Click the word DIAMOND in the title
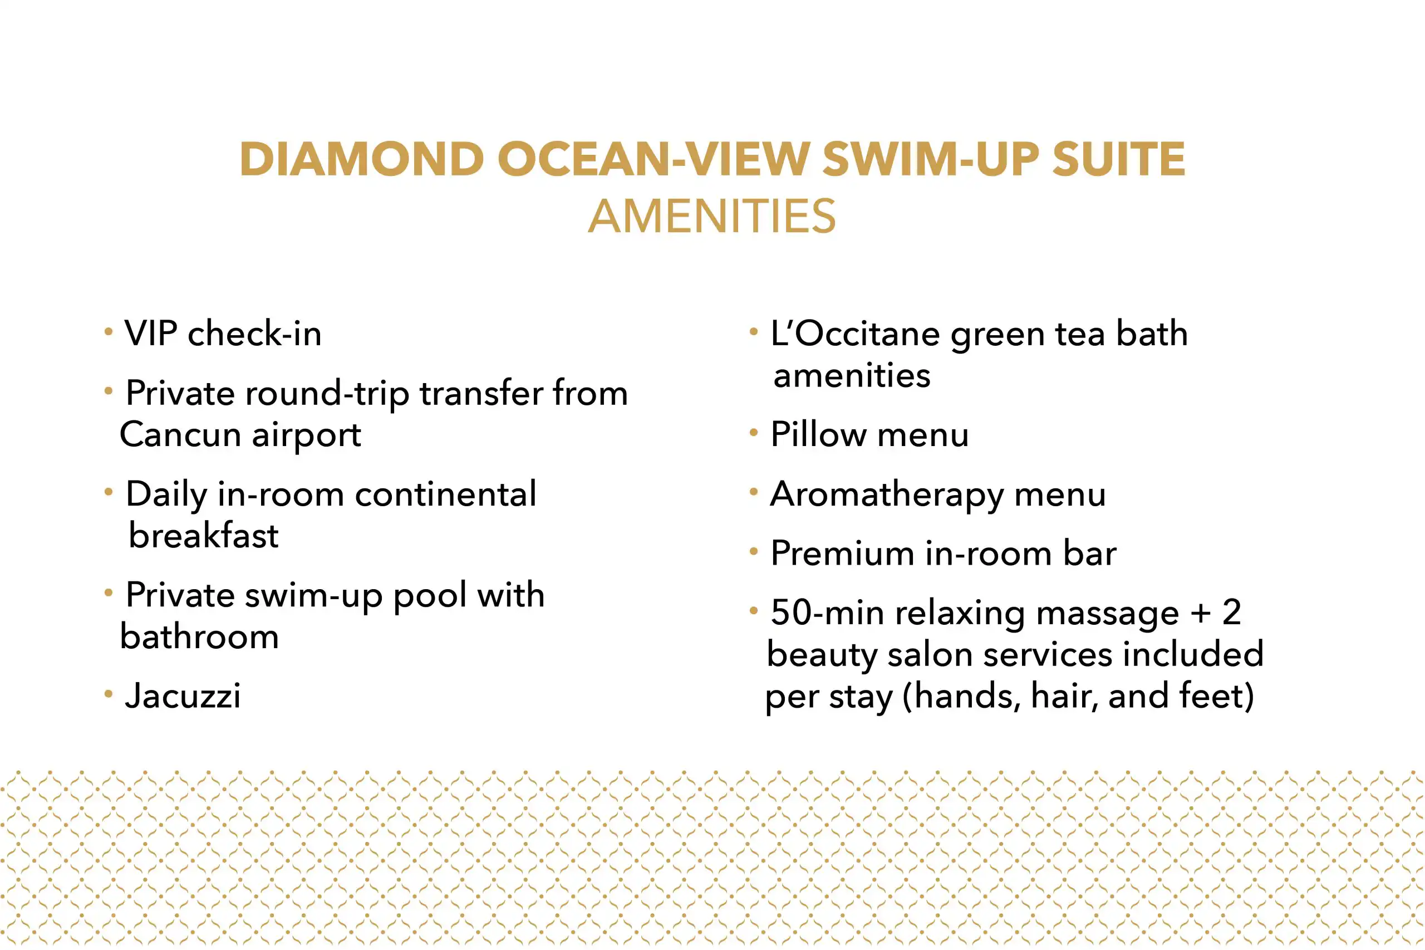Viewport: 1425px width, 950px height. [x=362, y=159]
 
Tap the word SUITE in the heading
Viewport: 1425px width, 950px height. [x=1118, y=159]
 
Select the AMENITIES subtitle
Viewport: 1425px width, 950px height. [x=711, y=216]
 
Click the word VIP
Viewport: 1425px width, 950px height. [x=151, y=333]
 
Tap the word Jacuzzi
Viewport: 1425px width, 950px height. [x=183, y=695]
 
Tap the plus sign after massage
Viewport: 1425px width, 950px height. [x=1200, y=613]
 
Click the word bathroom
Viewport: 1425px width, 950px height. [x=199, y=636]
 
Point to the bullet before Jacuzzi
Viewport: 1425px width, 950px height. [x=109, y=693]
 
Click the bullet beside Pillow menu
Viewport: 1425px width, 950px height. [x=754, y=433]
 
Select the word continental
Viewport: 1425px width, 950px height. [x=446, y=494]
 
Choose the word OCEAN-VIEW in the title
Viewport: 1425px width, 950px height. [x=653, y=159]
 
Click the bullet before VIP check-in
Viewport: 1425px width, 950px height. [x=109, y=331]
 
